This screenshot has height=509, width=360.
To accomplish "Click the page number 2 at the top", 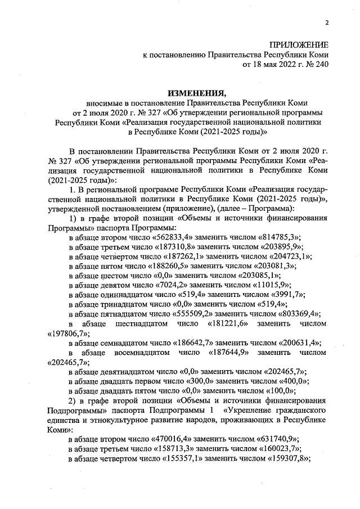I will [326, 22].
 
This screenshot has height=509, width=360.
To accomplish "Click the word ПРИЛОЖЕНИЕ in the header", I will [299, 44].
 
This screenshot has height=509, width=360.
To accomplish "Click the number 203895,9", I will [280, 247].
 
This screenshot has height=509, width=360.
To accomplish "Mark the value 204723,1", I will [287, 258].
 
